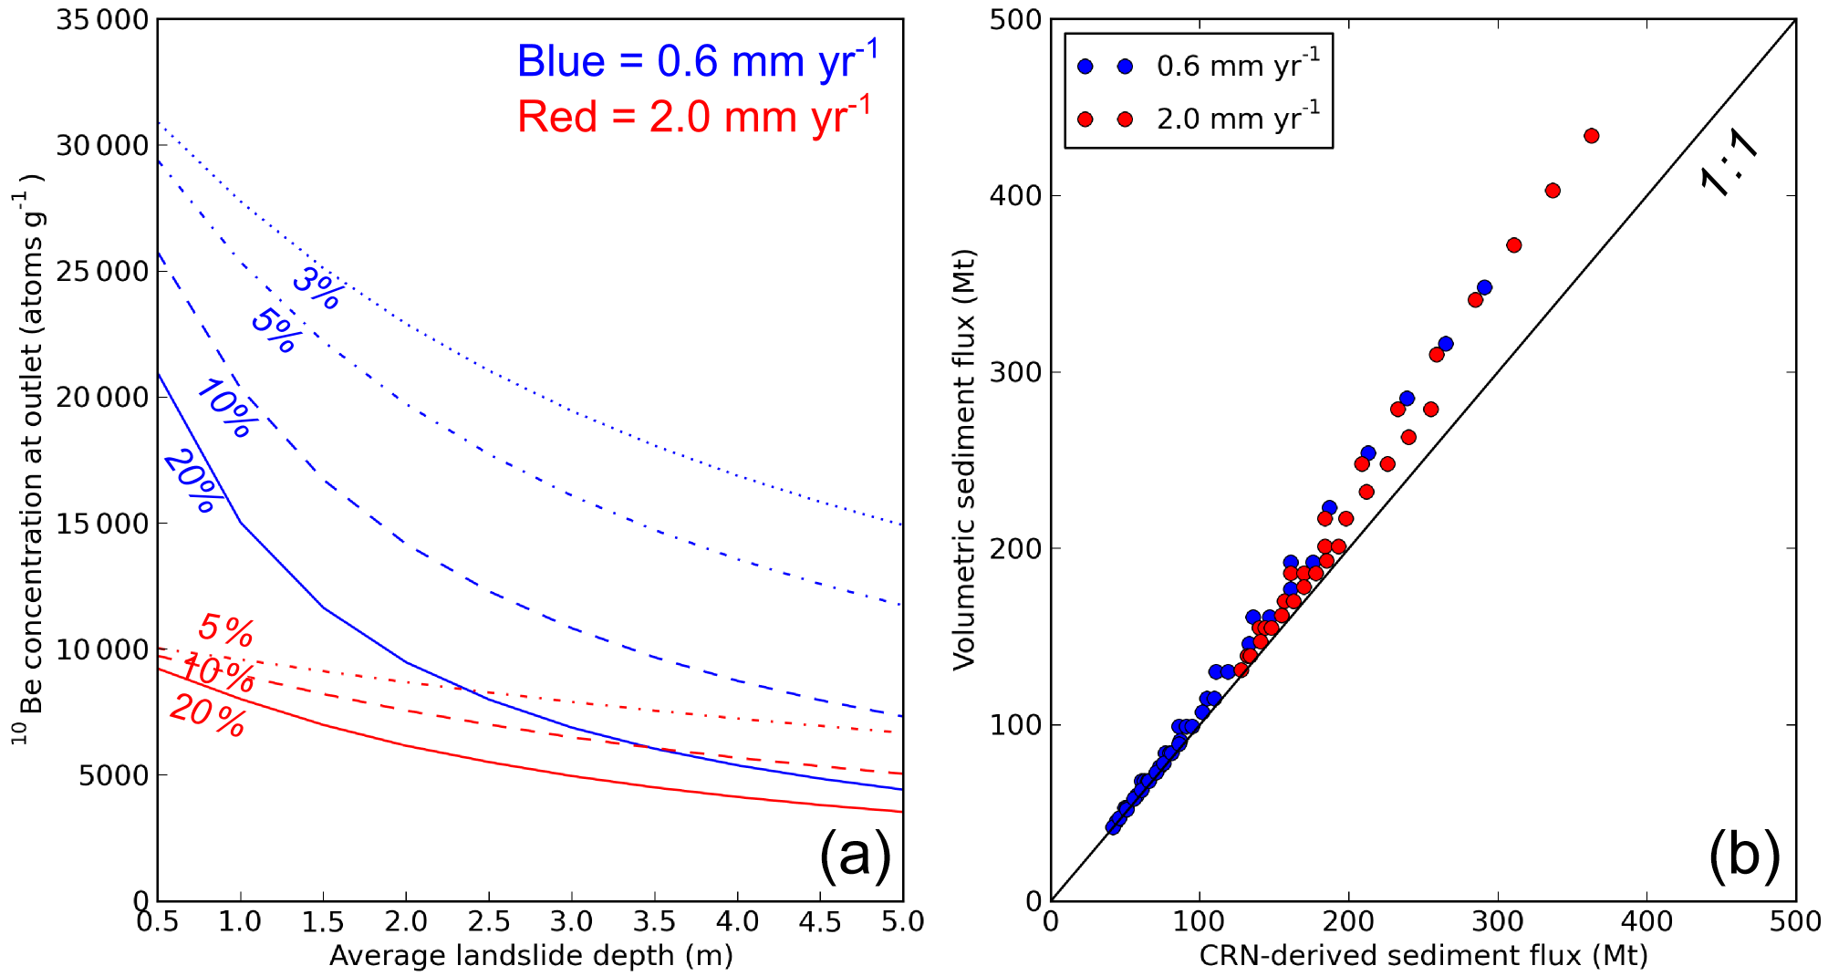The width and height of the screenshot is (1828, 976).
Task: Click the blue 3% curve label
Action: click(x=317, y=287)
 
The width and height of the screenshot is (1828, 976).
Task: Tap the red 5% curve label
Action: click(x=225, y=629)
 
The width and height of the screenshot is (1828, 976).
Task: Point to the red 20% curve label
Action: click(x=208, y=714)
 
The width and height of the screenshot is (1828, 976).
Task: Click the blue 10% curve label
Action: click(x=225, y=409)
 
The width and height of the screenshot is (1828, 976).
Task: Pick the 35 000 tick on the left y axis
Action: click(x=102, y=20)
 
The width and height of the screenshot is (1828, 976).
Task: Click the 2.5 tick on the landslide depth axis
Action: click(x=489, y=921)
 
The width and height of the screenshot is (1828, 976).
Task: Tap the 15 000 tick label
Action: click(x=102, y=524)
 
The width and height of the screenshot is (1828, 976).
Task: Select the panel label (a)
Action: click(x=855, y=855)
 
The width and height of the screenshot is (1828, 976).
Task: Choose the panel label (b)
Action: click(x=1744, y=855)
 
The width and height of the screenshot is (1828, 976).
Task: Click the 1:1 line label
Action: click(x=1729, y=161)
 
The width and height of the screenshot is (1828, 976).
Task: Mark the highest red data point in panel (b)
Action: click(x=1592, y=136)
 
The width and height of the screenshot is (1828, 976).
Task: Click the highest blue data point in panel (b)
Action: click(x=1484, y=287)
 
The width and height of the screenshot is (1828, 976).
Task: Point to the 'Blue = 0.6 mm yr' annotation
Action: click(x=697, y=61)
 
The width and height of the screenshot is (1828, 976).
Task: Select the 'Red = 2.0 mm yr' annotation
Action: click(x=694, y=116)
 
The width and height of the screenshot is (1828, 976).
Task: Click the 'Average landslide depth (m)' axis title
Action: click(x=531, y=955)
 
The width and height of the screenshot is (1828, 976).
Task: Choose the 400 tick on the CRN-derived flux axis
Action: click(x=1647, y=921)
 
